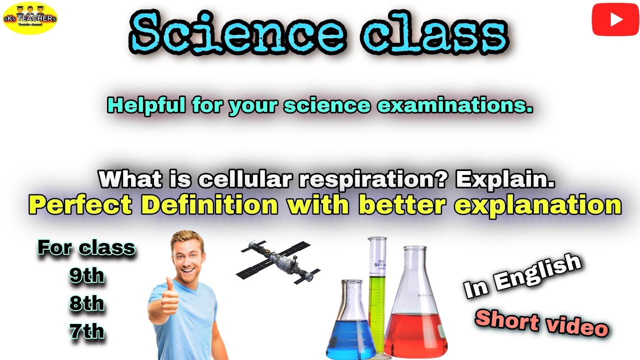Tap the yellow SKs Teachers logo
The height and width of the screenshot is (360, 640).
point(30,18)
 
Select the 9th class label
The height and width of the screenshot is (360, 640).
point(87,276)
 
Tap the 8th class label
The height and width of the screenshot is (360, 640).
point(87,303)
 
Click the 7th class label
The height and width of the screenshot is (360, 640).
point(87,331)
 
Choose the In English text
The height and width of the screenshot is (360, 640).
point(522,276)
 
